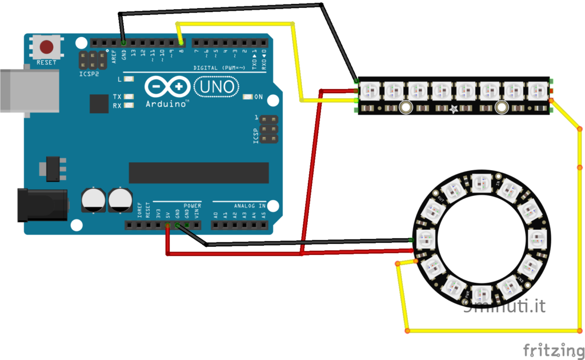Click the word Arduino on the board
coord(167,104)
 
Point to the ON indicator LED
coord(247,97)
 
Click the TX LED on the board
coord(129,97)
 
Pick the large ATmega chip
coord(198,173)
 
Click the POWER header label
coord(192,205)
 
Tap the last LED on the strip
coord(537,89)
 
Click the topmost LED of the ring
coord(480,182)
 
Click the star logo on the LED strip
coord(453,107)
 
